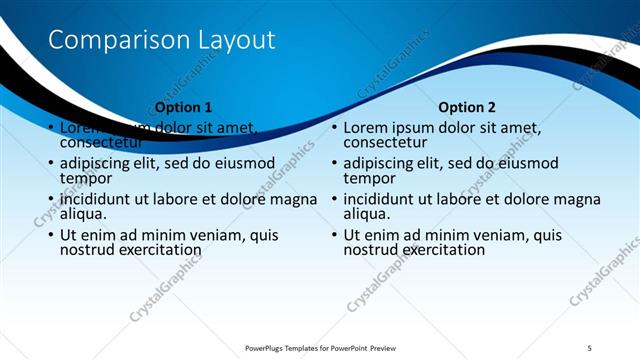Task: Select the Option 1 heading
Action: click(x=184, y=107)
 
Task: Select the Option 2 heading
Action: click(x=467, y=107)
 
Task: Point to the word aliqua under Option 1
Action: click(x=84, y=213)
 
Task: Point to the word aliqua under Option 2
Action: click(x=368, y=213)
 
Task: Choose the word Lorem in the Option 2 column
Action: click(x=367, y=128)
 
